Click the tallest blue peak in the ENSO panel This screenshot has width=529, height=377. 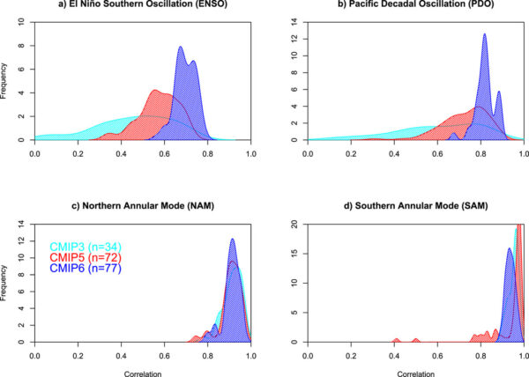click(x=181, y=48)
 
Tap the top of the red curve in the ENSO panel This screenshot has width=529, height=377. click(x=155, y=91)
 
